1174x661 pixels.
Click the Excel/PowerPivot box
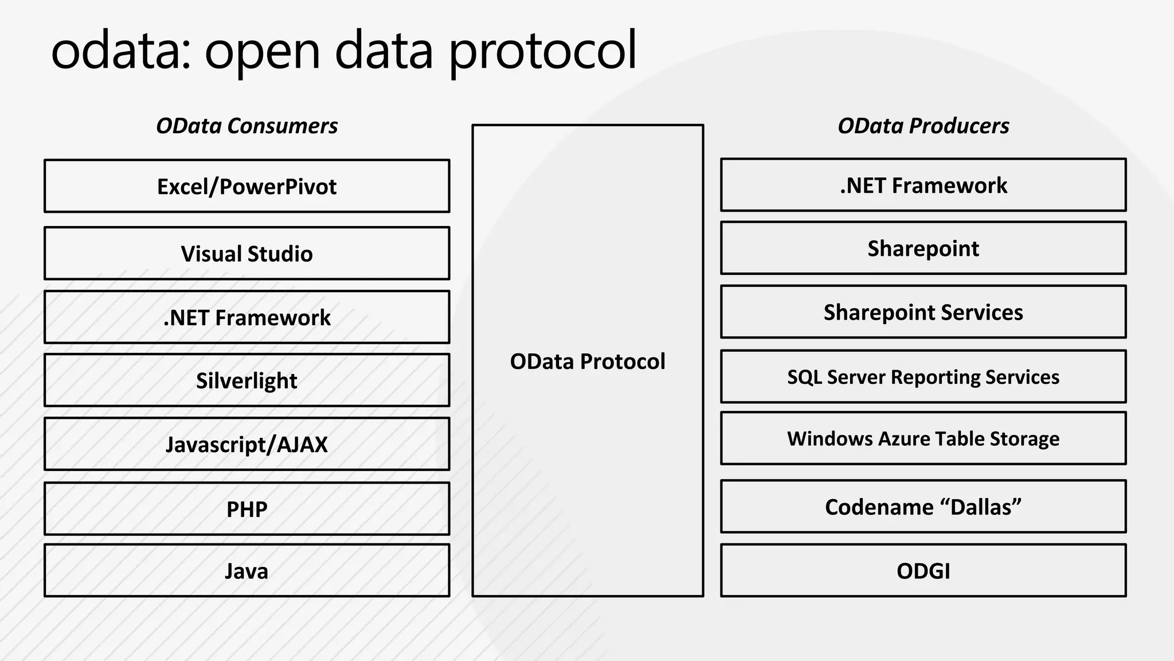coord(246,186)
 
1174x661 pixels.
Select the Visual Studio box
coord(246,254)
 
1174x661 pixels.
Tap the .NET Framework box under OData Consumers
coord(246,317)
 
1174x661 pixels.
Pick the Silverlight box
coord(246,380)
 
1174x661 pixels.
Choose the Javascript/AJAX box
coord(246,444)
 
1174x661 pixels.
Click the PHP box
coord(246,509)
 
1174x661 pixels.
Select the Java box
coord(246,571)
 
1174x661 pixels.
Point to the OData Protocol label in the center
coord(588,361)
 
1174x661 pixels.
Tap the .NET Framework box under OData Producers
coord(923,185)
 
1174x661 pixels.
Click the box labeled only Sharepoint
coord(923,248)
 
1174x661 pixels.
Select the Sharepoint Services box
coord(923,312)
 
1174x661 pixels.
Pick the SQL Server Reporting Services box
coord(923,377)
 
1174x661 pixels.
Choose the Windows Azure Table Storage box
coord(923,438)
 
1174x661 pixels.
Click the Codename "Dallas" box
coord(923,507)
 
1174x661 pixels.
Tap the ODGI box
coord(923,571)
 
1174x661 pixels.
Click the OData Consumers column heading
coord(246,126)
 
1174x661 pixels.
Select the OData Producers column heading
coord(923,126)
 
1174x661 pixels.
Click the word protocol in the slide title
coord(542,52)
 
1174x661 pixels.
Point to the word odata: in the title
coord(120,52)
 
